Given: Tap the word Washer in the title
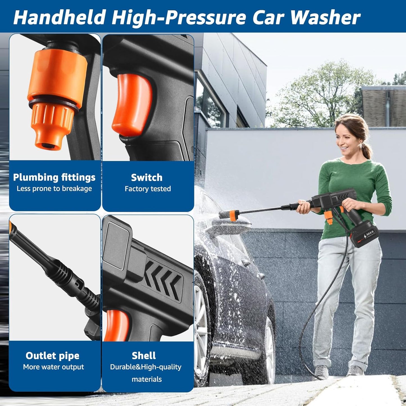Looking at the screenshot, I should (x=325, y=17).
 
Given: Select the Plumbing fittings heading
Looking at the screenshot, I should (x=54, y=177).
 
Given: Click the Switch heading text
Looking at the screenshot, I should (x=147, y=178).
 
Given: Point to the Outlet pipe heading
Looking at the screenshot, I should (x=53, y=356).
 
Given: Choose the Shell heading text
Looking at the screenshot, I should (x=144, y=356).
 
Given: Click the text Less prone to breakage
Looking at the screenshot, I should (x=54, y=189).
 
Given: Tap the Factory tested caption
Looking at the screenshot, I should (x=148, y=189).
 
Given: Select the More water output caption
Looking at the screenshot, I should (x=53, y=367).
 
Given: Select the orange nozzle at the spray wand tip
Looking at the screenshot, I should (x=233, y=215).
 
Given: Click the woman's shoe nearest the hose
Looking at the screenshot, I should (x=321, y=373).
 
